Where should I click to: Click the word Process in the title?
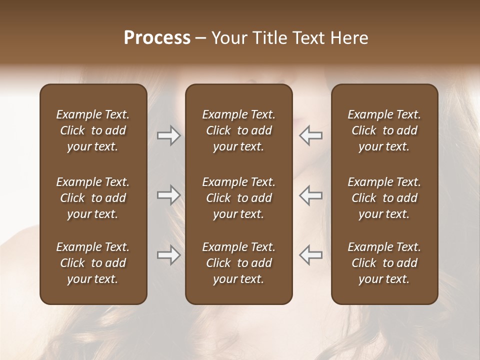157,38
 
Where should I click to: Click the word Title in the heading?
266,38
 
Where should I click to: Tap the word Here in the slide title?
349,38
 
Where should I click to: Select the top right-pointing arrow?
169,135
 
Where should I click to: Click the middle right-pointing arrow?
169,195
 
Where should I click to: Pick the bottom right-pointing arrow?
169,255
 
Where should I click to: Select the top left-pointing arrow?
311,135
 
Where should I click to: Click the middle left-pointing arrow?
311,195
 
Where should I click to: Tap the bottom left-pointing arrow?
311,255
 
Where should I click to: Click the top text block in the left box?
93,130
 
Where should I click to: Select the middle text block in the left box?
93,198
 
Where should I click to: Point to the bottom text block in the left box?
93,263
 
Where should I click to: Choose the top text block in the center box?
238,130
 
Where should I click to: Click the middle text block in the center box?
238,198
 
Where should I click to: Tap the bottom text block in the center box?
238,263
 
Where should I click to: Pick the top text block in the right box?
384,130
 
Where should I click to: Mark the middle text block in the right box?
384,198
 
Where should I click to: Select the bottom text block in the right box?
384,263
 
